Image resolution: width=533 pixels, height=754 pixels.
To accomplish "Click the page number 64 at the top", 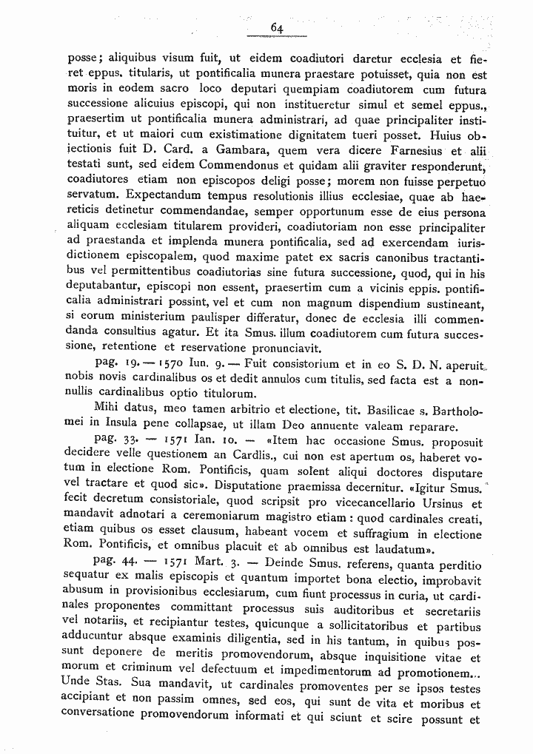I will pos(278,27).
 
